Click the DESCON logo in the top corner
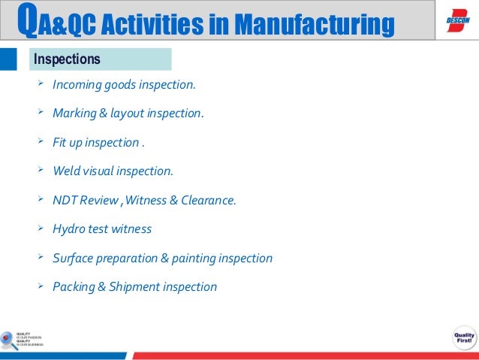(457, 20)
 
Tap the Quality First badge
(462, 338)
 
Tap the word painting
(195, 258)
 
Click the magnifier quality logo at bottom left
(9, 340)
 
